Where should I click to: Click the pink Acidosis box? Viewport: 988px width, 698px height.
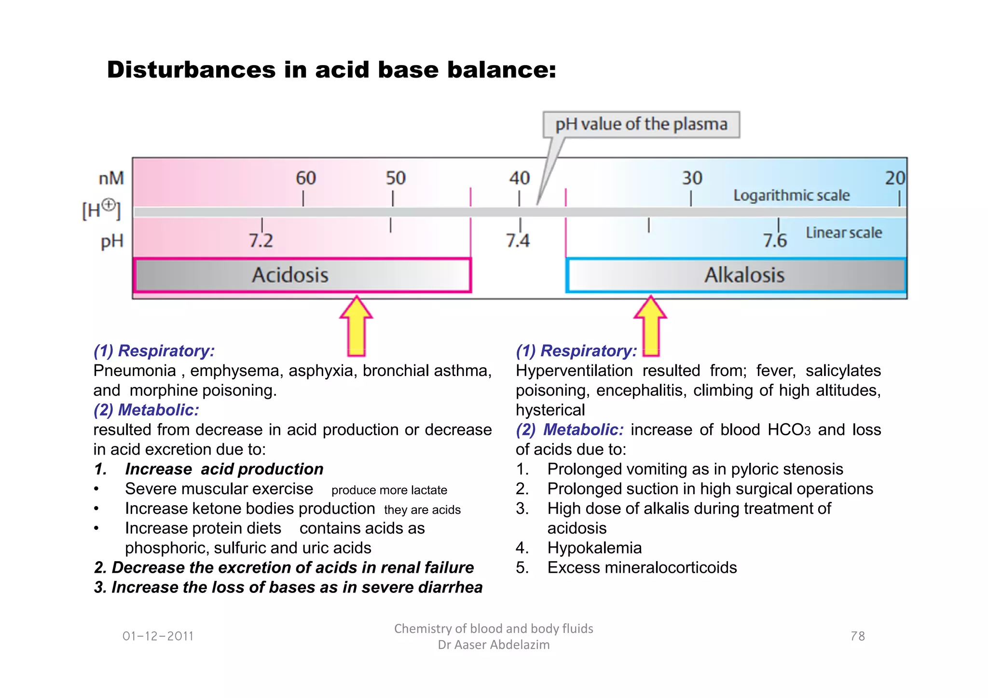pos(302,275)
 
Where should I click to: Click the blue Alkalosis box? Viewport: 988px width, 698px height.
pos(736,275)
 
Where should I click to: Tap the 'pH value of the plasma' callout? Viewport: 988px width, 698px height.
pos(641,124)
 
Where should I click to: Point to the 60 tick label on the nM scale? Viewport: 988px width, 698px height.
pos(306,178)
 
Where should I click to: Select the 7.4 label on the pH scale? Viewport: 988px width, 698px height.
pos(518,240)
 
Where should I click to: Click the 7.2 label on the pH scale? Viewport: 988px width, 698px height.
pos(261,240)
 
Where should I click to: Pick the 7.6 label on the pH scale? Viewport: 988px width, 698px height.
pos(775,240)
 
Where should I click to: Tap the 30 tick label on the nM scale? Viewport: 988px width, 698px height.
pos(692,178)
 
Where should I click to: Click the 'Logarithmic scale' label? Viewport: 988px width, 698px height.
pos(791,195)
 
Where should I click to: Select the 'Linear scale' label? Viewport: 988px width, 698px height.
pos(844,233)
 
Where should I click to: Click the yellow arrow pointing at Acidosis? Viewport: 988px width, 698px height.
pos(356,326)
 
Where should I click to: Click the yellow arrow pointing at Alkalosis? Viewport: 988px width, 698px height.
pos(651,326)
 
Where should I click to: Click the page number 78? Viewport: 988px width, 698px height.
pos(857,636)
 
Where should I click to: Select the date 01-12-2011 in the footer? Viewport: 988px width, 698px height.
pos(158,636)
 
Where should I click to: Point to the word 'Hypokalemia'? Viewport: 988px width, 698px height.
pos(594,548)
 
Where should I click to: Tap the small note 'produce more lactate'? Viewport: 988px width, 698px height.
pos(389,490)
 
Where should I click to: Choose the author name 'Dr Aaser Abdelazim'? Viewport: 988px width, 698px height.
pos(494,645)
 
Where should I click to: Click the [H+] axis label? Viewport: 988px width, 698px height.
pos(101,210)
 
